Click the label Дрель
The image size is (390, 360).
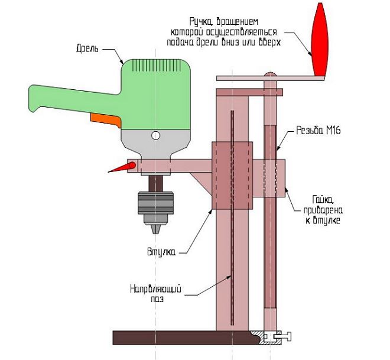89,48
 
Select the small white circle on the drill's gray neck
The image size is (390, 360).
155,135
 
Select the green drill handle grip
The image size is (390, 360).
65,98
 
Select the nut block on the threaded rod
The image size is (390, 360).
269,177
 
